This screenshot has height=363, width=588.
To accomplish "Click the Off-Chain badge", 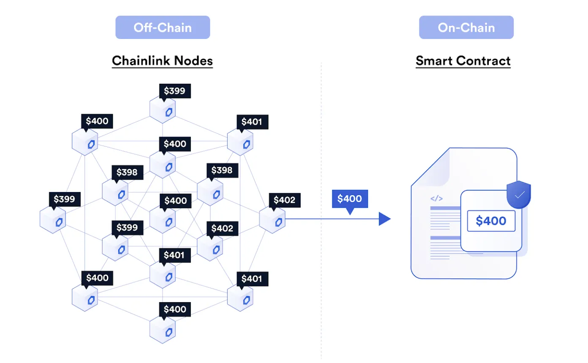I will point(163,27).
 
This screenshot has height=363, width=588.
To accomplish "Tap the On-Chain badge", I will point(466,27).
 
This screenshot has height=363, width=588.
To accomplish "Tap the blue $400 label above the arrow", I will point(350,199).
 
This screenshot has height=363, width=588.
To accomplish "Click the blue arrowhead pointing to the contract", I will point(384,219).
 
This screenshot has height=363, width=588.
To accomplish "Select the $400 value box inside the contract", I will point(491,221).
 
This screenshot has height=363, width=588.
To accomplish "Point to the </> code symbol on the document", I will point(436,198).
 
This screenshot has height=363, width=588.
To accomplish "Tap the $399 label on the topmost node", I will point(174,91).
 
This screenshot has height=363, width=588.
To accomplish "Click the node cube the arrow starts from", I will point(272,220).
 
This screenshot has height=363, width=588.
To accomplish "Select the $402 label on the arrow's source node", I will point(284,200).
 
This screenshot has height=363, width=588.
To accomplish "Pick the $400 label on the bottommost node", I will point(174,309).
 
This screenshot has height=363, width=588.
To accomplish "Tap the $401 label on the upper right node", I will point(252,122).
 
